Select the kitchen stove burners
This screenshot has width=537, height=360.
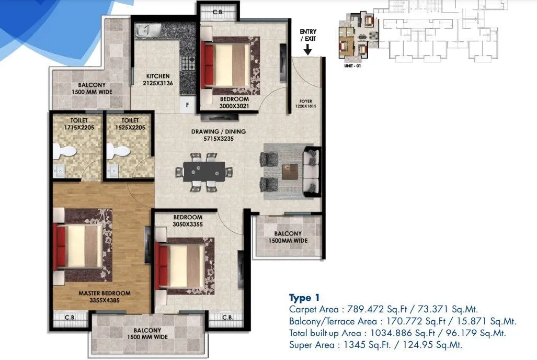[x=187, y=63]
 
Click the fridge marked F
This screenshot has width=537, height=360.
[x=187, y=104]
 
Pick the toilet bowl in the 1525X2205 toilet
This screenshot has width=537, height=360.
[x=119, y=151]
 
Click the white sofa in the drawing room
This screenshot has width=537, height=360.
[x=313, y=172]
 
